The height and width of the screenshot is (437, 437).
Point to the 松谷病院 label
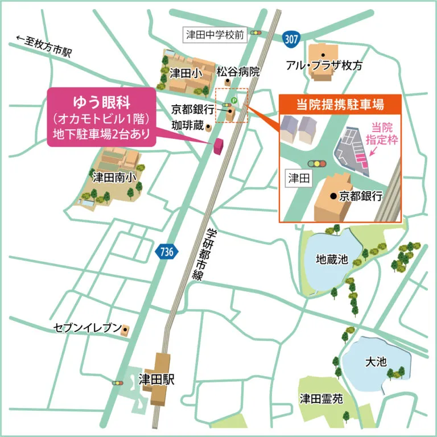(x=238, y=72)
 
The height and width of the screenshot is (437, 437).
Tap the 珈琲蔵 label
(x=187, y=123)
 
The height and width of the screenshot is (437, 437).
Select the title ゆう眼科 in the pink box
(x=104, y=102)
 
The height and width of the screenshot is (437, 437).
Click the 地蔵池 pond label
(x=331, y=259)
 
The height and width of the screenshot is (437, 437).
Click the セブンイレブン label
(x=87, y=328)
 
